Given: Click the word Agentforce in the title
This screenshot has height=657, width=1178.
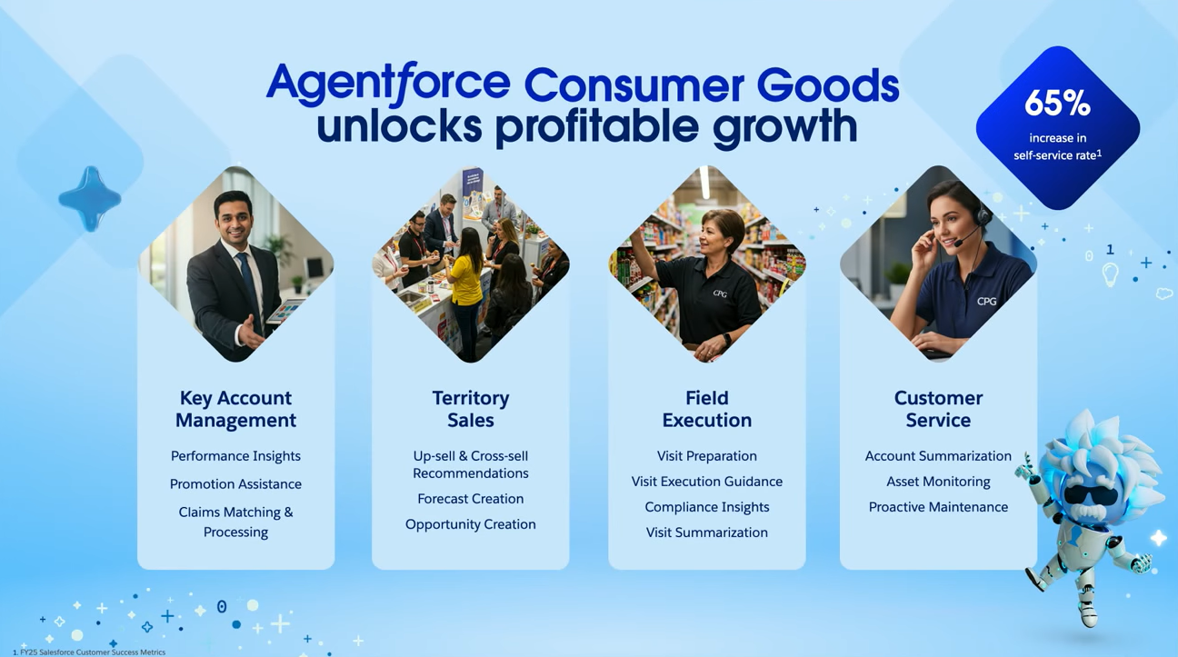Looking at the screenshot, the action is [389, 82].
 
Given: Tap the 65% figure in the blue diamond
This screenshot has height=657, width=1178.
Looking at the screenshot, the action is [1058, 103].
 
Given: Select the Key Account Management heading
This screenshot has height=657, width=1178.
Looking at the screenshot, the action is [235, 409].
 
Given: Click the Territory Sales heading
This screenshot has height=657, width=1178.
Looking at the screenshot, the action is [471, 409].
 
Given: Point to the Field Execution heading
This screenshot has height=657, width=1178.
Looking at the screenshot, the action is [707, 409].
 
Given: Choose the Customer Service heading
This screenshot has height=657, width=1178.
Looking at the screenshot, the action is [938, 409].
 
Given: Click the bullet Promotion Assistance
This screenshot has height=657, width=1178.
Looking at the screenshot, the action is [235, 484].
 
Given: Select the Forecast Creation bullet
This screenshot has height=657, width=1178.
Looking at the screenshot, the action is [471, 499].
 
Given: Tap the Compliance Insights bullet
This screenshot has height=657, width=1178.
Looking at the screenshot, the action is [707, 507].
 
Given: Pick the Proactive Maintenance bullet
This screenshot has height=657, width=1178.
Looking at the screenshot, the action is [938, 507].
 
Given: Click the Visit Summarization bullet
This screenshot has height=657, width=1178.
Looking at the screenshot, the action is [707, 533].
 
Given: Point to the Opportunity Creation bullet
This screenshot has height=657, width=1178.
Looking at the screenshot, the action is [471, 524].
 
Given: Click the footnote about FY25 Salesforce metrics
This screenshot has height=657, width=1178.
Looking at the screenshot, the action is [89, 652].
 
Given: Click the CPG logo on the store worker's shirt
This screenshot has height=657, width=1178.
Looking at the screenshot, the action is [720, 294].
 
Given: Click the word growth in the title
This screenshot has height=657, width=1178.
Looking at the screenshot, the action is [784, 126].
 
